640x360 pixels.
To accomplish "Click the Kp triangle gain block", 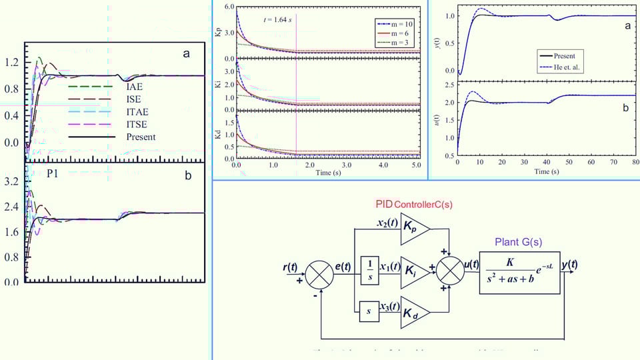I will point(413,226).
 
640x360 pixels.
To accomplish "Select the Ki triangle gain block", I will point(413,269).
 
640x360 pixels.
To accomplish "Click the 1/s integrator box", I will point(369,269).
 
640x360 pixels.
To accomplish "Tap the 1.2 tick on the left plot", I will point(11,63).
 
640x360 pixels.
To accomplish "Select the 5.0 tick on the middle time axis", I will point(417,164).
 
